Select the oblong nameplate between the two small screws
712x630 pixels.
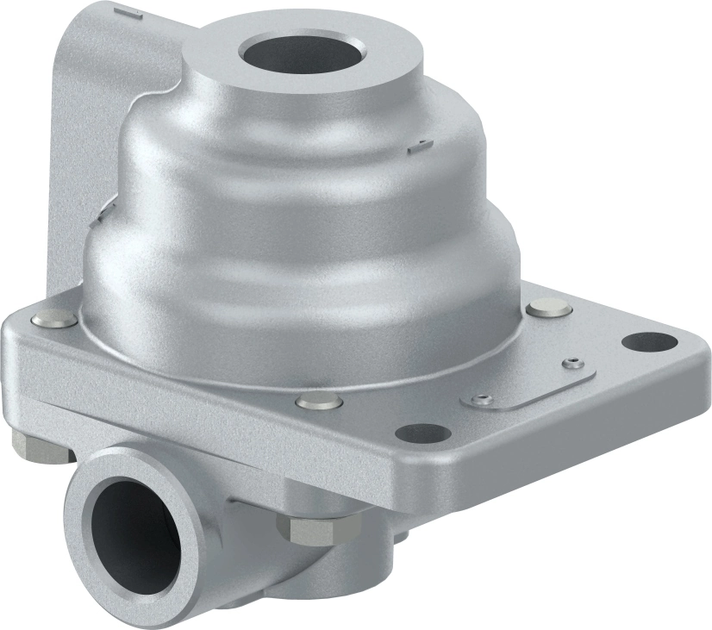pos(530,382)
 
